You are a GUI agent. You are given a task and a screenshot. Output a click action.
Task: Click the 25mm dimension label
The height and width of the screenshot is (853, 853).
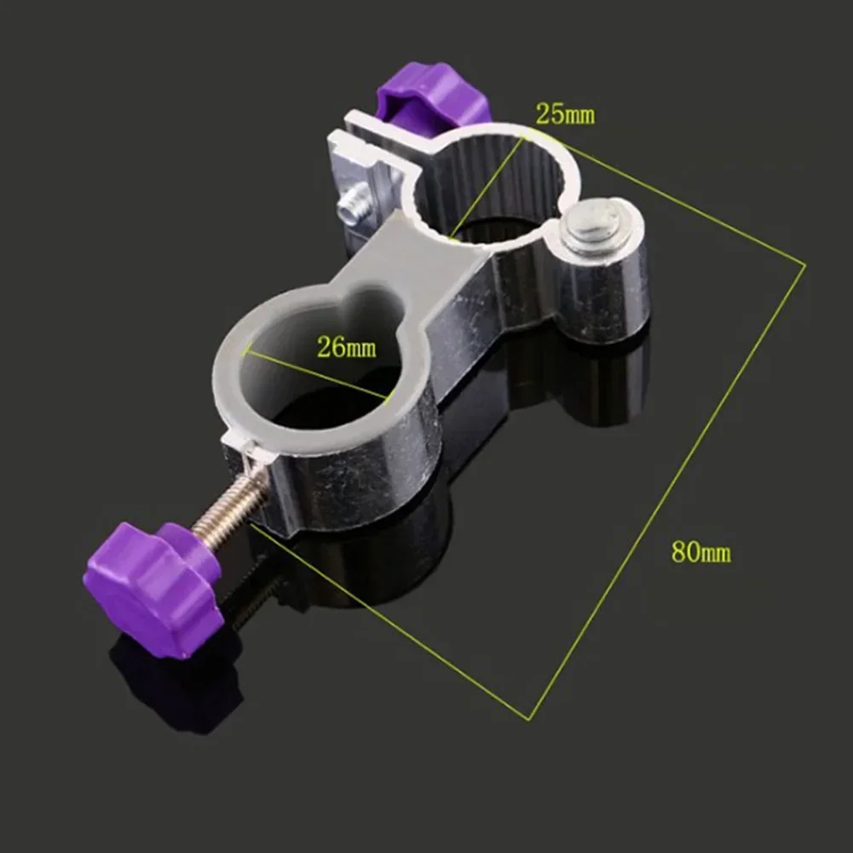coord(565,113)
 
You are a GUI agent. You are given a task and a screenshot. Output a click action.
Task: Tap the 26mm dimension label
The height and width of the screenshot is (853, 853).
coord(346,348)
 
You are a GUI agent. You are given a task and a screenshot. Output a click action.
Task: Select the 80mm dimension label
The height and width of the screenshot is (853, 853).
coord(700,551)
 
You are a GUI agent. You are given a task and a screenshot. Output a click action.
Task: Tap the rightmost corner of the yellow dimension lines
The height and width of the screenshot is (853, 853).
coord(804,264)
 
